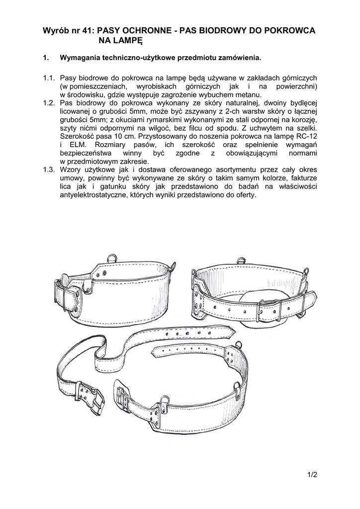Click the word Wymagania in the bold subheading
click(80, 58)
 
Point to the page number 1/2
click(312, 475)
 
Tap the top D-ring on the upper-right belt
click(243, 260)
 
